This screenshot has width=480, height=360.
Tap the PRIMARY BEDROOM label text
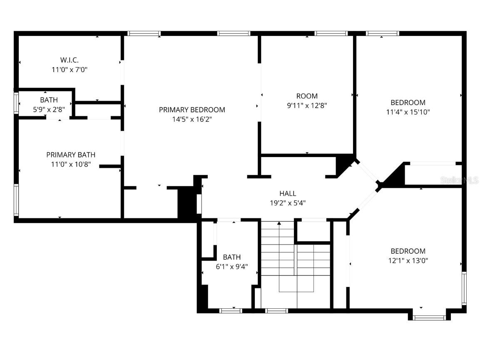coord(192,110)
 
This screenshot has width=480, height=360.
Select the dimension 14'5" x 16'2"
coord(192,119)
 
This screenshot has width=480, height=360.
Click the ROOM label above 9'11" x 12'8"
coord(307,96)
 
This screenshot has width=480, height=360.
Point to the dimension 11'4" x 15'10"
coord(408,112)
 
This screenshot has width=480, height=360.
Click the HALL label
coord(288,193)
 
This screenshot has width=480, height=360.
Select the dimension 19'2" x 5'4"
coord(288,203)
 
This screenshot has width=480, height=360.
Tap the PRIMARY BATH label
coord(71,155)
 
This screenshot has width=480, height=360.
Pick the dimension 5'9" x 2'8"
coord(49,110)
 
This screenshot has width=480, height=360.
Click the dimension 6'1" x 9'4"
coord(231,267)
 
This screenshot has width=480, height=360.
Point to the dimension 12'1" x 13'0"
coord(408,260)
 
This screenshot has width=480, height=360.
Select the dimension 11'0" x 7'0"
coord(70,70)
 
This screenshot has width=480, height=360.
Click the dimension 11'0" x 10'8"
coord(71,164)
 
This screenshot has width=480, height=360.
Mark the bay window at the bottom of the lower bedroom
coord(429,317)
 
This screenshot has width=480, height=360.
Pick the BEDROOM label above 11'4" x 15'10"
coord(408,102)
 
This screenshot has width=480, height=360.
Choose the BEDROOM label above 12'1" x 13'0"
coord(408,251)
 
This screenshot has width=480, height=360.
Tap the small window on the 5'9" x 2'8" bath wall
coord(16,103)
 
